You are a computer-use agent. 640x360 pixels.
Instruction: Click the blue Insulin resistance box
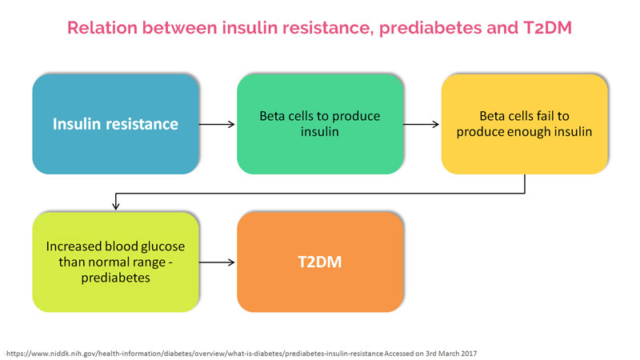point(115,124)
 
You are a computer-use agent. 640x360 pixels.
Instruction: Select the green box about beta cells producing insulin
point(320,124)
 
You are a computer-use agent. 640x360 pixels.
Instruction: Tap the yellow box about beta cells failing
point(525,124)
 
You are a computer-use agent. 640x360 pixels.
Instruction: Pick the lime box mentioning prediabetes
point(115,262)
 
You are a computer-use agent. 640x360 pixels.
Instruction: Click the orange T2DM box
point(320,262)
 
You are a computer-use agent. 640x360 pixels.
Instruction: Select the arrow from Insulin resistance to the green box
point(217,124)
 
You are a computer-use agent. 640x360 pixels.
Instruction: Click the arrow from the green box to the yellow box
point(422,124)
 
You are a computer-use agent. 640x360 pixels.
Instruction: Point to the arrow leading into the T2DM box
point(217,262)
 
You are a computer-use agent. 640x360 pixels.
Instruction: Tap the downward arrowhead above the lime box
point(116,206)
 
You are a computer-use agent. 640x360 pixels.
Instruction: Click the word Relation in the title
point(102,28)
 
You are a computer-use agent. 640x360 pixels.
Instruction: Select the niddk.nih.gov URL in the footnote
point(194,354)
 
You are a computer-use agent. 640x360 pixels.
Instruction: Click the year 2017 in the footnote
point(469,354)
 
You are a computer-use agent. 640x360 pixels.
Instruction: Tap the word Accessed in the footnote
point(399,354)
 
